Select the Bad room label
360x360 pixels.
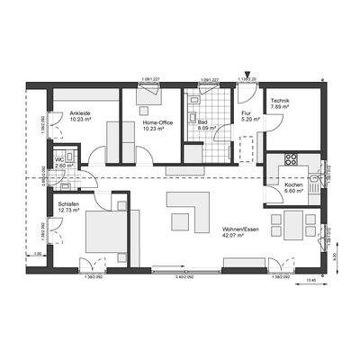click(x=203, y=122)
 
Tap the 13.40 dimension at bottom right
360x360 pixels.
click(x=311, y=282)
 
